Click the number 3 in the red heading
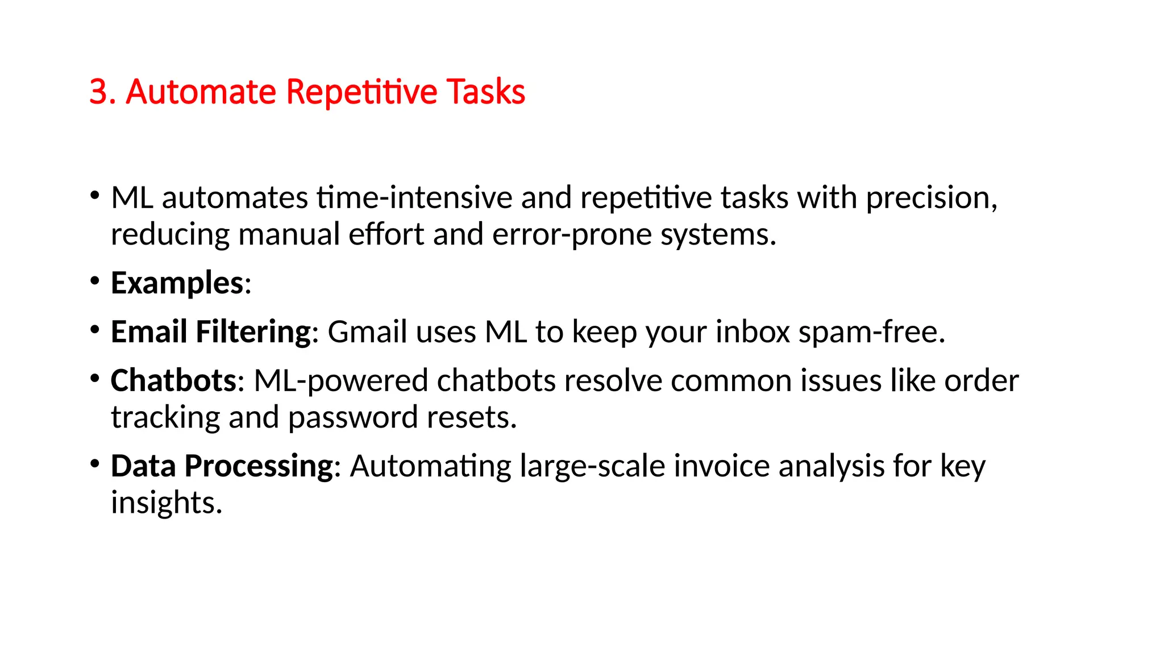[98, 92]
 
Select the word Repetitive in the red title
[361, 92]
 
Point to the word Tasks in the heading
[486, 92]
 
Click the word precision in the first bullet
[931, 199]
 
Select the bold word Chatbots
[173, 381]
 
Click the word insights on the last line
[166, 503]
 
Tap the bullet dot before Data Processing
[95, 463]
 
